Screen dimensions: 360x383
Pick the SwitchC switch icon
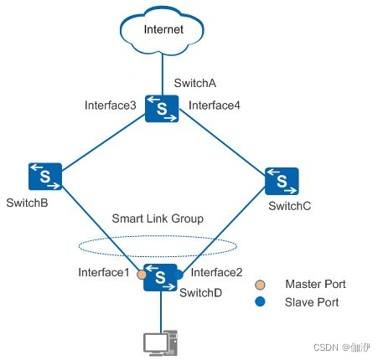pos(282,180)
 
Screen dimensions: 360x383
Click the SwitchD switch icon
pos(159,275)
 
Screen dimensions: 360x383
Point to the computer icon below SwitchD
pos(159,342)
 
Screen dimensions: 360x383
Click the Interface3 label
pos(110,105)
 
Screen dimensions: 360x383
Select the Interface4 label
pos(214,105)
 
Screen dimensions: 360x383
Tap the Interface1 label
pos(103,272)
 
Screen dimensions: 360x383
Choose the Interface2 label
pos(217,272)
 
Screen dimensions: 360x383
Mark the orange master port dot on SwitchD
pos(142,274)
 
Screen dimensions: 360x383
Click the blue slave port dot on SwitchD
pos(178,274)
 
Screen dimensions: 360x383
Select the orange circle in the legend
pos(261,285)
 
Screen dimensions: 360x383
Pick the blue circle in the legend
pos(261,301)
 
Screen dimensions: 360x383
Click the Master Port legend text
pos(315,285)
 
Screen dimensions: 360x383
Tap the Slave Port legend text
pos(312,301)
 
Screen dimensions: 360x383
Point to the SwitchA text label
pos(194,83)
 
